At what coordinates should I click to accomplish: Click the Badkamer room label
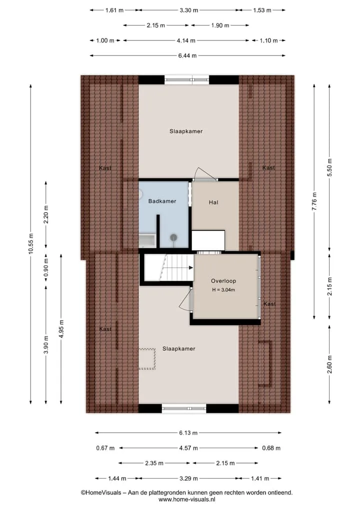162,201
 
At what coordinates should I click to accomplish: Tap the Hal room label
213,202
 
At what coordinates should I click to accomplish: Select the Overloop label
223,281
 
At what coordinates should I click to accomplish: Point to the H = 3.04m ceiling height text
223,290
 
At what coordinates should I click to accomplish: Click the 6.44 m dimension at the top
187,56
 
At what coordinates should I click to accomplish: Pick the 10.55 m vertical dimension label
31,243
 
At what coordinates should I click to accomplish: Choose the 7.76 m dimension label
314,202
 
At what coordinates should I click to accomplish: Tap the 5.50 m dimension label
330,167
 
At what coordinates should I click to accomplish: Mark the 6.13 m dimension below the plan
188,433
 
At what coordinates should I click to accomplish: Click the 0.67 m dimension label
105,448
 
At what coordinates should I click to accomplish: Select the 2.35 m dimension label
154,463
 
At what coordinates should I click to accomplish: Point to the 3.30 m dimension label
189,10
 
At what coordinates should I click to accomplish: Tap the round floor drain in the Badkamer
174,237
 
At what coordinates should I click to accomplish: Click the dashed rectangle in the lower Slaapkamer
147,359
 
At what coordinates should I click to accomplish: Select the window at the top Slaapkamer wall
186,79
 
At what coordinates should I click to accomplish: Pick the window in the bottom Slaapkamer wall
184,409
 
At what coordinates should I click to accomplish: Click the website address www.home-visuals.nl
187,500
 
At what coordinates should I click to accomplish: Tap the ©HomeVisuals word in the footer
101,493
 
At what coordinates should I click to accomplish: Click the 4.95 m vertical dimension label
61,329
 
